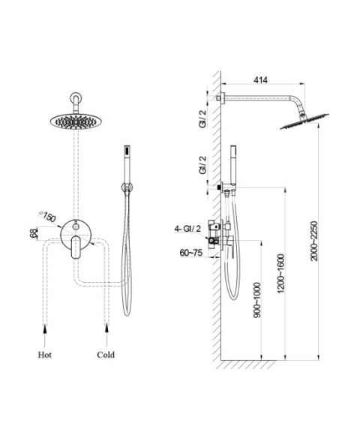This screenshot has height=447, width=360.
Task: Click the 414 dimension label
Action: point(260,80)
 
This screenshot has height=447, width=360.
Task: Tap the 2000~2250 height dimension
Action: point(313,241)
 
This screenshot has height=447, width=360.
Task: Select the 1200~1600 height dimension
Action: point(280,274)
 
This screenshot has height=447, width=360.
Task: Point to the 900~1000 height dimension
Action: point(256,300)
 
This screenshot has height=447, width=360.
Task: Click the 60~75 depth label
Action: point(191,253)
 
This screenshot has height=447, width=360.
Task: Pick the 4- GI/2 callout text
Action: point(187,229)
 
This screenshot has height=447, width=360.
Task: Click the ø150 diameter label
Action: point(47,217)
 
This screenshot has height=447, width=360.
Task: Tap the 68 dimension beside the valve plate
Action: point(34,234)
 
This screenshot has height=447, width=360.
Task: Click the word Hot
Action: point(45,355)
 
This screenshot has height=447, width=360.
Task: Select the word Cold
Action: point(106,355)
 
